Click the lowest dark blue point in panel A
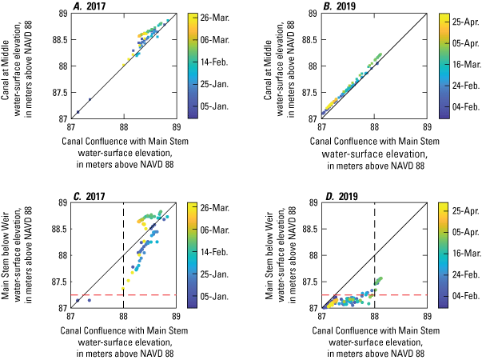[x=78, y=112]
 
